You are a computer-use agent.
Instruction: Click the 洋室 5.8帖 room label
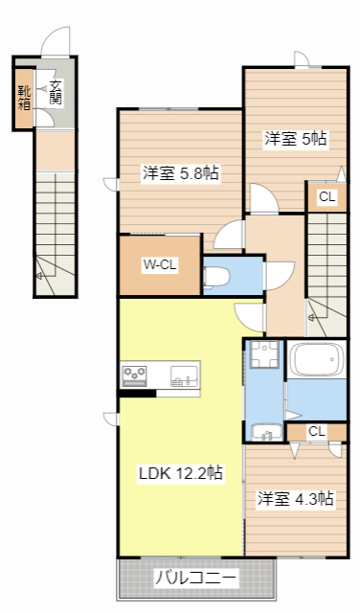pyautogui.click(x=181, y=173)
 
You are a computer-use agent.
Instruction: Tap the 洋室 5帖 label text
pyautogui.click(x=296, y=138)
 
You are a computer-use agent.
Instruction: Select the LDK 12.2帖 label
pyautogui.click(x=181, y=473)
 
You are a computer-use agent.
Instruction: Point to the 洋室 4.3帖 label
pyautogui.click(x=295, y=498)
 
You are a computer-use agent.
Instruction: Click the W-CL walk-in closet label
pyautogui.click(x=159, y=265)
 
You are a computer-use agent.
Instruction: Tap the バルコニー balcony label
pyautogui.click(x=196, y=579)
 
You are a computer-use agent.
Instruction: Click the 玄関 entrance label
pyautogui.click(x=56, y=93)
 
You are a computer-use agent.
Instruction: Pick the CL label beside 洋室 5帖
pyautogui.click(x=326, y=198)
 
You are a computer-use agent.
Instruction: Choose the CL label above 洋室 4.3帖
pyautogui.click(x=316, y=432)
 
